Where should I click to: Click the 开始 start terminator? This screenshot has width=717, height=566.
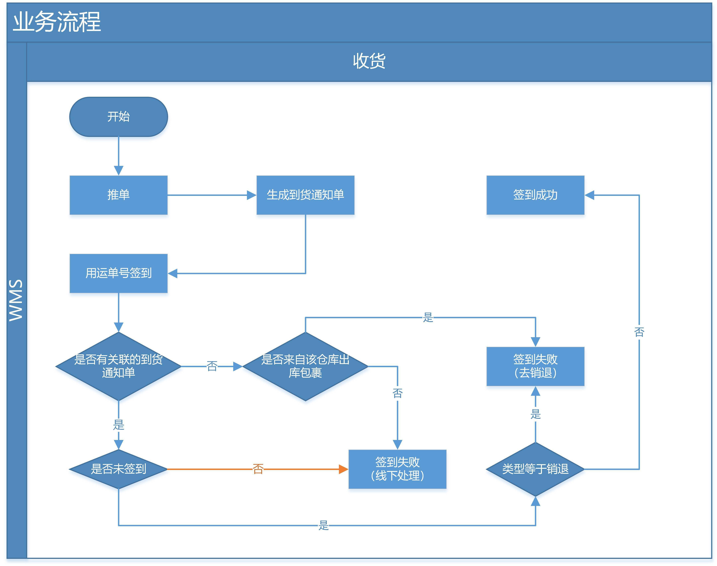tap(119, 117)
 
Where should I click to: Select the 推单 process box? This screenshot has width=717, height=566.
tap(119, 195)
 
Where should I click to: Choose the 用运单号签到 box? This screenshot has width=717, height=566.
tap(119, 273)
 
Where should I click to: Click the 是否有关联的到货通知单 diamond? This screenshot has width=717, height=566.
tap(119, 366)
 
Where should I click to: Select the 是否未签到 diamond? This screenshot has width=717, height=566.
tap(119, 469)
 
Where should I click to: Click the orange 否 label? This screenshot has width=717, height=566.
tap(258, 469)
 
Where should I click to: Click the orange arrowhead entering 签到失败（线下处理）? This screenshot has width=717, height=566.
tap(343, 469)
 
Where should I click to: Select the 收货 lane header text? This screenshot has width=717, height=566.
tap(369, 61)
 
